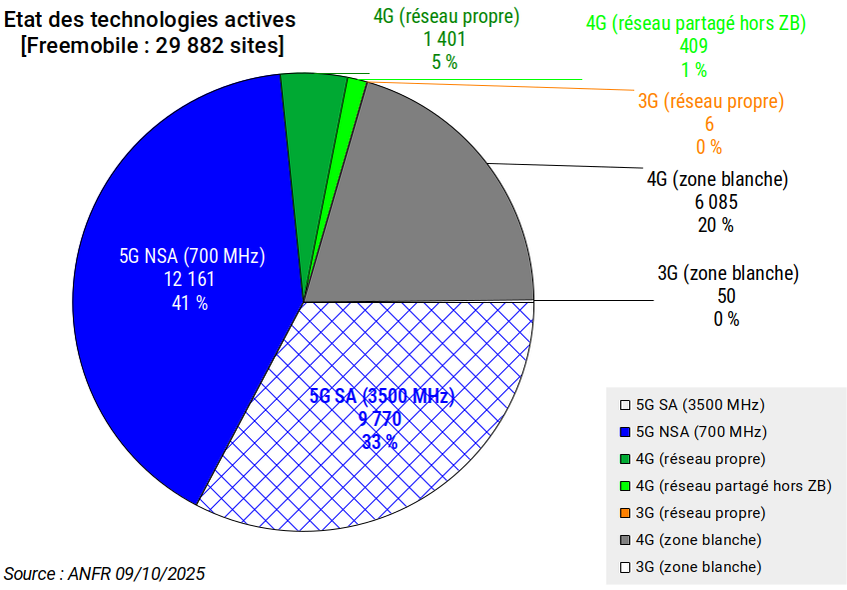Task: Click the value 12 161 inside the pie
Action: (x=190, y=279)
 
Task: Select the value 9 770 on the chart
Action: (x=381, y=419)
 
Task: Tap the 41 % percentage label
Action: (x=190, y=302)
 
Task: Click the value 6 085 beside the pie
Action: (x=717, y=202)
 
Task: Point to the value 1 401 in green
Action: (x=445, y=39)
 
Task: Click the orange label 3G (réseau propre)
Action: (x=710, y=101)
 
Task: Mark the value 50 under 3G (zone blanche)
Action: (x=727, y=296)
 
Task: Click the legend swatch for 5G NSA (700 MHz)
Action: (x=625, y=433)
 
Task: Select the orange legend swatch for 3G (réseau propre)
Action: (x=625, y=513)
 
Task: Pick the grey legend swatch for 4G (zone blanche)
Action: (x=625, y=540)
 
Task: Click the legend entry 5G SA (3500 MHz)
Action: (x=699, y=406)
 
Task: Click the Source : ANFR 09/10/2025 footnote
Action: (x=105, y=574)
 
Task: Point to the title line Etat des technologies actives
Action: (x=150, y=19)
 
